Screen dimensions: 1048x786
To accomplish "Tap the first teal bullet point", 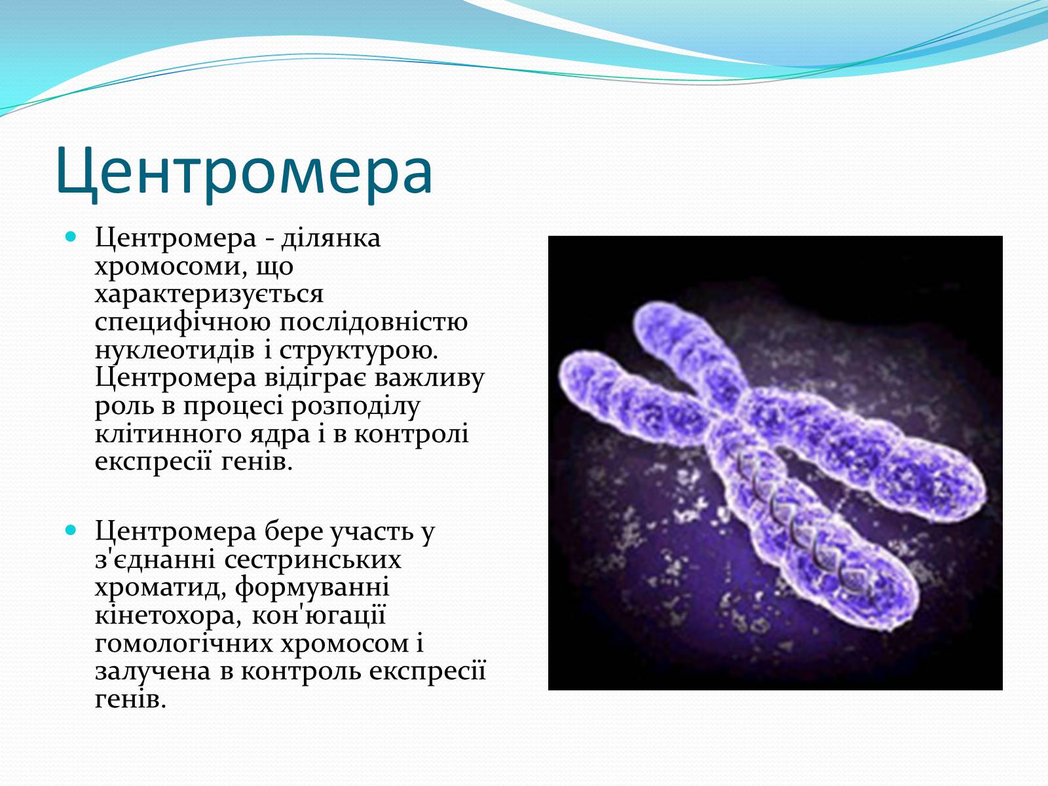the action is [x=71, y=236].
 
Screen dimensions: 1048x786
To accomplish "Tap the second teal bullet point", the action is [x=71, y=530].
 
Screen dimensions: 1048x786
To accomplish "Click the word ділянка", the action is [x=331, y=238].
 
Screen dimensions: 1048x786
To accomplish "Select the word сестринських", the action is [x=313, y=560].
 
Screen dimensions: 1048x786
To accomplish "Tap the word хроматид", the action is [x=160, y=588].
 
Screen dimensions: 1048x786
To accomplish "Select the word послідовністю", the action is [x=373, y=323].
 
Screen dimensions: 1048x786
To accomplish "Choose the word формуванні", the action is [x=312, y=588].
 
